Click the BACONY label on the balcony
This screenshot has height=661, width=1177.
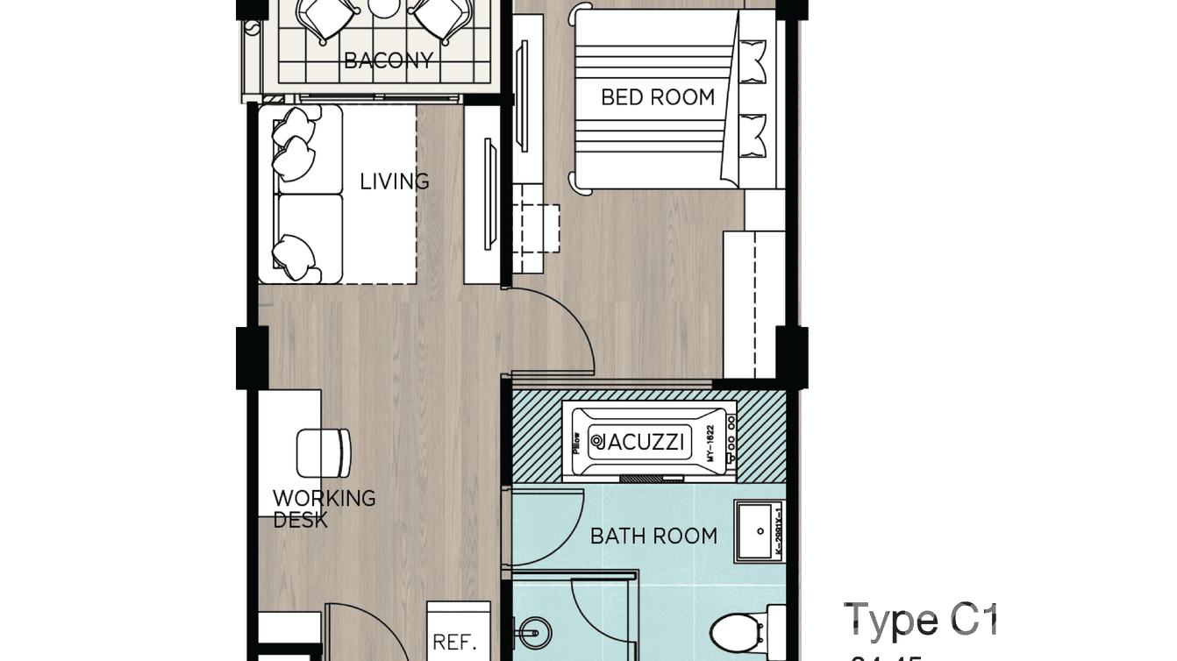389,60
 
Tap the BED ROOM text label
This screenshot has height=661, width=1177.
658,97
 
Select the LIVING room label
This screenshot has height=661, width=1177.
395,181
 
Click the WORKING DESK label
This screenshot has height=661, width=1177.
324,508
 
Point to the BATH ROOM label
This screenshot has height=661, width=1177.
653,536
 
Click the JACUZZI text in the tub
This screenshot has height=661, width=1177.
638,441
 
